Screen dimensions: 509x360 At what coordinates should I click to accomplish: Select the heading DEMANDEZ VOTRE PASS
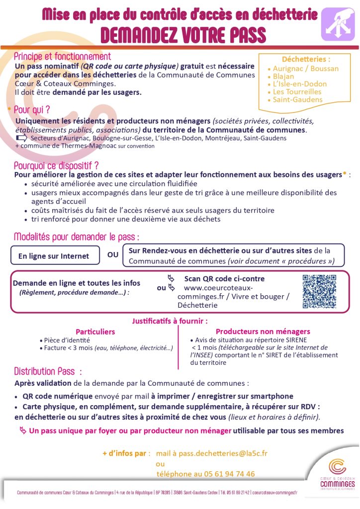183,35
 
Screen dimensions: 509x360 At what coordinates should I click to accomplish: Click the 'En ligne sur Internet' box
54,256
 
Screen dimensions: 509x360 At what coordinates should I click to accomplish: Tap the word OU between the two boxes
113,255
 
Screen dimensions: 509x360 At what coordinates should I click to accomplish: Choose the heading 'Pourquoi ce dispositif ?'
56,166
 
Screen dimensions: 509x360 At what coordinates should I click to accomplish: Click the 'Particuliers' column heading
95,331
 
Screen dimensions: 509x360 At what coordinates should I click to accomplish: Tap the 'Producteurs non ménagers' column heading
263,331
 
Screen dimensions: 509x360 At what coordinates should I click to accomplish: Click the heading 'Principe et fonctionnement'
62,57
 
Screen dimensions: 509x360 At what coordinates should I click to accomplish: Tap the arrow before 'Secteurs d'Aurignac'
21,138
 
